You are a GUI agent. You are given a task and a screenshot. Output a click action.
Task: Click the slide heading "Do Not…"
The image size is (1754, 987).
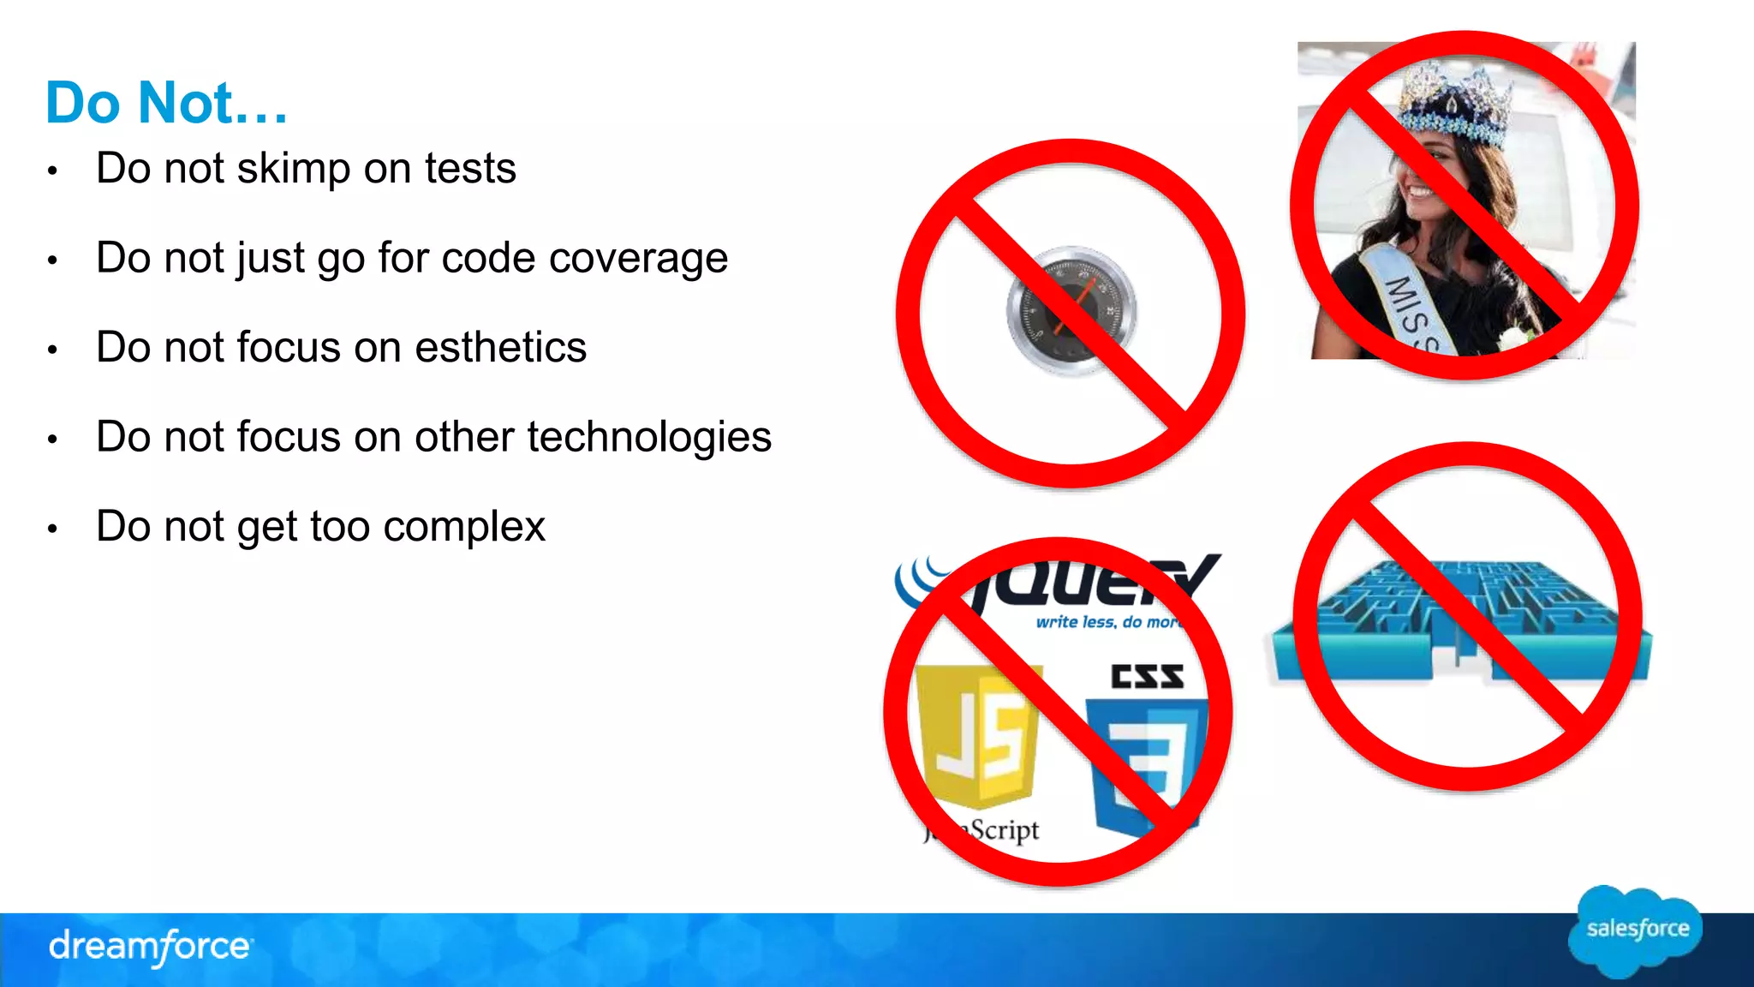166,103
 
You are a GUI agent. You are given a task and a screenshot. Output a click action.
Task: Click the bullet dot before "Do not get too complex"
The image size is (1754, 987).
52,529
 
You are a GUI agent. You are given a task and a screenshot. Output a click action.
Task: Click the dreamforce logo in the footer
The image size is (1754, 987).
150,947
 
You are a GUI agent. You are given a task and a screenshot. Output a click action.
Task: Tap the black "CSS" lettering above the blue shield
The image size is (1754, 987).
1147,677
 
